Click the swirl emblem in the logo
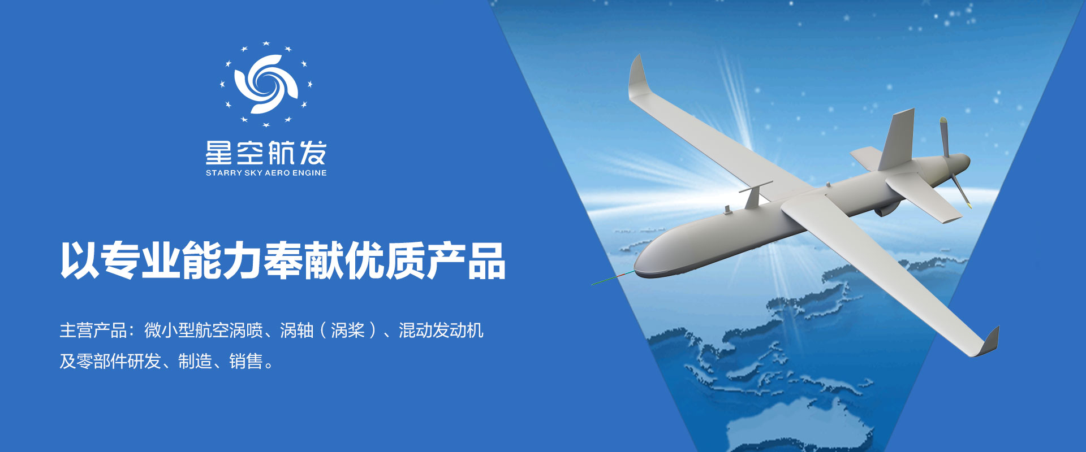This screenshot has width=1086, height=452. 266,84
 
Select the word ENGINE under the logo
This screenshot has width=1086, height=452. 309,173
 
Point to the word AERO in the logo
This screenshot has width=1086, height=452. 277,173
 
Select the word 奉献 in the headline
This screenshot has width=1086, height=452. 303,260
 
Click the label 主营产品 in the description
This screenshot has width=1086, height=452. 93,331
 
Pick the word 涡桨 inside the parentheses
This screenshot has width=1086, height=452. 348,331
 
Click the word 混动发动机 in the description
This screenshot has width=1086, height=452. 441,331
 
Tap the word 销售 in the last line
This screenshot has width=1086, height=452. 246,361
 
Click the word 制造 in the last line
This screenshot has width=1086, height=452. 195,361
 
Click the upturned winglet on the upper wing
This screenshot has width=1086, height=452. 636,76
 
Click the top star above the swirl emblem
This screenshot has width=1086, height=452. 266,44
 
